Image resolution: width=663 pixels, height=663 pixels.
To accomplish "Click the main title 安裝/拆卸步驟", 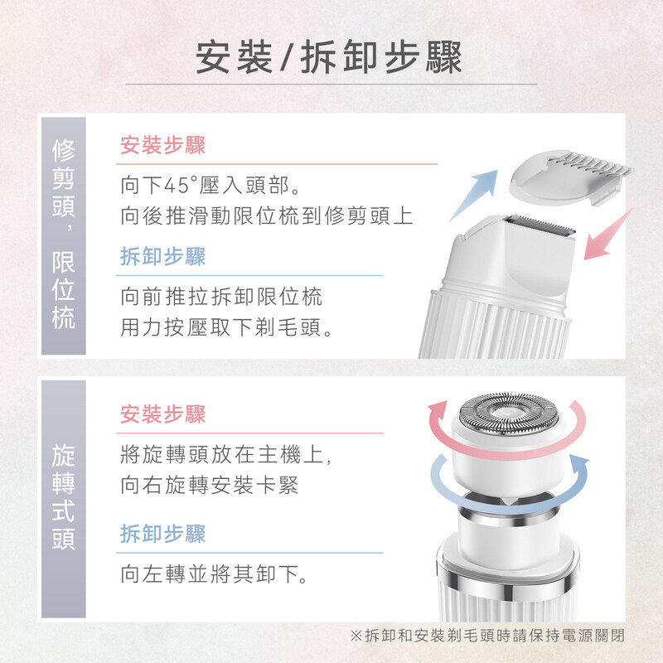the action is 329,57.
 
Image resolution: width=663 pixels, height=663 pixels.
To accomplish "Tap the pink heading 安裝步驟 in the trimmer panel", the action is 162,146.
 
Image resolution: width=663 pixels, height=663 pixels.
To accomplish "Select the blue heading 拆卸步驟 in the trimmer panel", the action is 162,257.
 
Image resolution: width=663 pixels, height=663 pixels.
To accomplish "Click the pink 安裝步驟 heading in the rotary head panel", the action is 162,414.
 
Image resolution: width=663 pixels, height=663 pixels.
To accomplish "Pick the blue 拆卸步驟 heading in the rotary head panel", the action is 162,534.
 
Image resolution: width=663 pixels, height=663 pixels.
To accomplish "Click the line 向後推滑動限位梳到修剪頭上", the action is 266,216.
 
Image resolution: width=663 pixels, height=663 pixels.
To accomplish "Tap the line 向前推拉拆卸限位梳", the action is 221,297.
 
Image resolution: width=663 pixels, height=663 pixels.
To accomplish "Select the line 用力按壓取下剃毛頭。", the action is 227,327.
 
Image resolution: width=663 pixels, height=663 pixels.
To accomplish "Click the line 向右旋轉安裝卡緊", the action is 210,485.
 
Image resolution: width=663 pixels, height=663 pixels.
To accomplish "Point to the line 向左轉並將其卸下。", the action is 214,574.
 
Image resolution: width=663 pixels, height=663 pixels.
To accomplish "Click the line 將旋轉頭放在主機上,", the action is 225,454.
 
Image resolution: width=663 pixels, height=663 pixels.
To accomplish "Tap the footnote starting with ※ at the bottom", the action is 487,635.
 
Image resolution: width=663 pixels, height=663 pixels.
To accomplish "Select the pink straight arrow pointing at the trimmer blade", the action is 607,235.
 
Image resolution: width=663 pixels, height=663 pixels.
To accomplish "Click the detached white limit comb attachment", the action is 571,177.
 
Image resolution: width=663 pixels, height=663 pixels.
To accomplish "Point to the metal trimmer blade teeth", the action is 541,225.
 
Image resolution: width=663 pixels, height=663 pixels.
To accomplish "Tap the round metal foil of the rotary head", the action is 509,413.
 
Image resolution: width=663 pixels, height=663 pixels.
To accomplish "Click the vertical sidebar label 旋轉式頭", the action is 64,497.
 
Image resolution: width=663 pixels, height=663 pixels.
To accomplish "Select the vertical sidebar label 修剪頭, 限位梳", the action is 64,234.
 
